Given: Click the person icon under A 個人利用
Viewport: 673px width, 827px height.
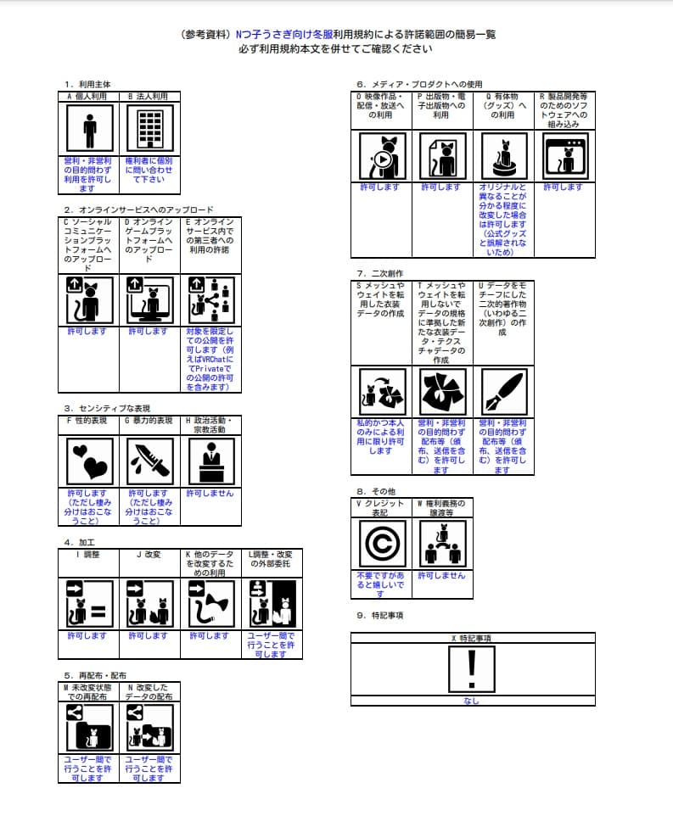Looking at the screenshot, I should pos(89,129).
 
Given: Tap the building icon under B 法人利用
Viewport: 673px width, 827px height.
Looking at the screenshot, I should pos(149,129).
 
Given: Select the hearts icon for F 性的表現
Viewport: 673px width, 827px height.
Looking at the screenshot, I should pos(89,461).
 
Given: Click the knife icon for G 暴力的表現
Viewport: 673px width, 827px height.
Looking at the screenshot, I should pos(149,461).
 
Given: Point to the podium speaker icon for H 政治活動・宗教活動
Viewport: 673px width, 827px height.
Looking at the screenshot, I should pos(210,461).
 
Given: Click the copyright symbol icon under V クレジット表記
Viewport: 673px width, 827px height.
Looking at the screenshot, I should pos(382,544).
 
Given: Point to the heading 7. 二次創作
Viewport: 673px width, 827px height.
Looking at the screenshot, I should pos(380,273).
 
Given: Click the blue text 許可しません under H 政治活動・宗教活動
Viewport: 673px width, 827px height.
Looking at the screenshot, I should pos(210,494).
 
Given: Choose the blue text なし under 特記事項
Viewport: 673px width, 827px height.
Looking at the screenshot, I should pos(472,701).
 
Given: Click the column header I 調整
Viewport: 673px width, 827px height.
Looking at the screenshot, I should pos(88,555).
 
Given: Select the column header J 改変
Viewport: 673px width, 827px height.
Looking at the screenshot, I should pos(149,555).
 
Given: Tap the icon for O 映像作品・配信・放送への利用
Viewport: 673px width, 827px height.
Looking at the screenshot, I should pos(382,154).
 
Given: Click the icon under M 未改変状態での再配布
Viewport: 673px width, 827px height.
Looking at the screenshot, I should pos(89,727).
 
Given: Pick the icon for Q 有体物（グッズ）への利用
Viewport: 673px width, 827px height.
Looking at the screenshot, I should pos(503,154).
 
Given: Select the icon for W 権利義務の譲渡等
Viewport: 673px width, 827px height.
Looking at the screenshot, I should pos(442,544).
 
